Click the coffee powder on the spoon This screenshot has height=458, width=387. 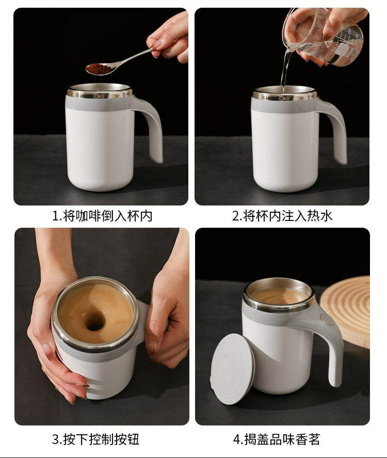(x=99, y=68)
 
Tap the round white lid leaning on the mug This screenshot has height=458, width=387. (x=232, y=369)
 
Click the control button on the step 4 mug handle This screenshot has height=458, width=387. (x=327, y=319)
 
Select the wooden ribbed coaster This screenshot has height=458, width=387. (x=346, y=310)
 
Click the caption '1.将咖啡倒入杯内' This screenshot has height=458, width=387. (x=102, y=216)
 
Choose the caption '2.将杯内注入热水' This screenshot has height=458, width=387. (x=282, y=216)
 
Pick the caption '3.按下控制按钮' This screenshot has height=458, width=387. (x=95, y=439)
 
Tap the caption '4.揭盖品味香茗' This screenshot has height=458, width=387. (x=277, y=439)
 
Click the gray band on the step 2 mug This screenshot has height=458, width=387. (x=284, y=106)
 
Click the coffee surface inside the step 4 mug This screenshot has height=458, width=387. (x=279, y=296)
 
